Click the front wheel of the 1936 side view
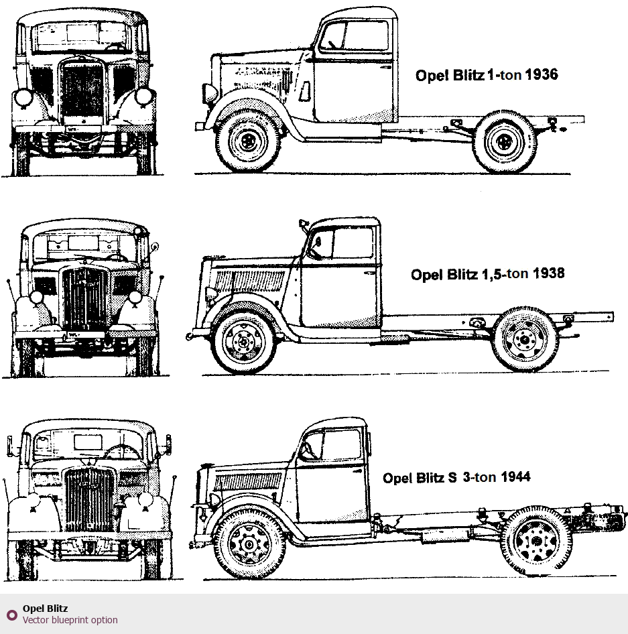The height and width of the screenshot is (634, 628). pos(249,141)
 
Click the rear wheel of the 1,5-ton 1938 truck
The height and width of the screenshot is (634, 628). pos(525,339)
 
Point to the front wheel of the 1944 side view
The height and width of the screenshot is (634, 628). pos(248,545)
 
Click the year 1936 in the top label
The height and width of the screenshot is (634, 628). pos(542,74)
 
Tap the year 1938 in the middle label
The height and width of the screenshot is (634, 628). pos(548,273)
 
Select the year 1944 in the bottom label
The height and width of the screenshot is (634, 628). pos(514,477)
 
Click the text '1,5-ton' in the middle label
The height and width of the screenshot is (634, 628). pos(504,274)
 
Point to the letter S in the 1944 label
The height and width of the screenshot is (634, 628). pos(452,478)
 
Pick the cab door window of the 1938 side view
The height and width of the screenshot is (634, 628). pos(353,242)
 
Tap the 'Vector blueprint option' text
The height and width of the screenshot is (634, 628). pos(70,620)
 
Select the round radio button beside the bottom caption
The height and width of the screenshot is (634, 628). pos(11,615)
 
